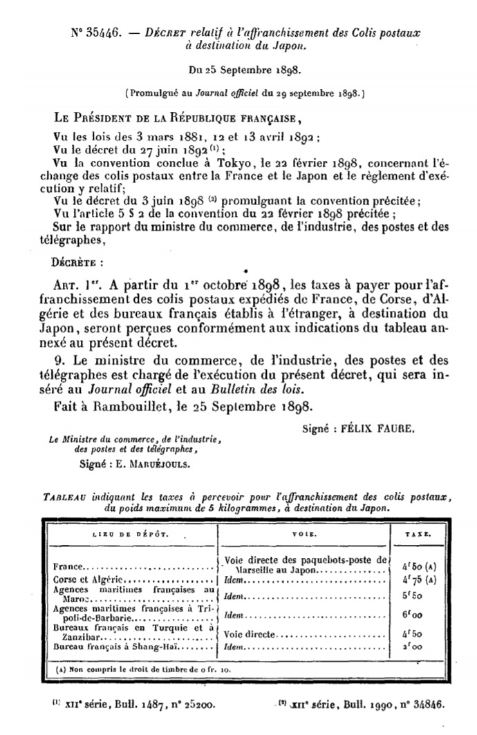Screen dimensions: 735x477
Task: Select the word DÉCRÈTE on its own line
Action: [x=75, y=263]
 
